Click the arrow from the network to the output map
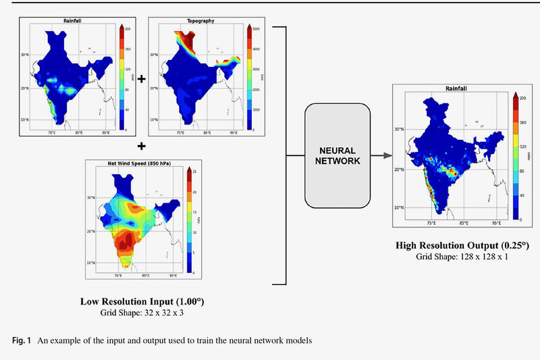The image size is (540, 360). point(382,155)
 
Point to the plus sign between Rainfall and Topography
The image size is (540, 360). point(141,78)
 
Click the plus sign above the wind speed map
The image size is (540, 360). point(141,145)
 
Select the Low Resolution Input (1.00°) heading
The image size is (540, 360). point(141,301)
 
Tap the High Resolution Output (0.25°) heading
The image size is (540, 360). point(462,245)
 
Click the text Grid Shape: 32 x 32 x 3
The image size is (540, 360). point(141,313)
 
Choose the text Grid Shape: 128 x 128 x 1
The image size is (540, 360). point(462,257)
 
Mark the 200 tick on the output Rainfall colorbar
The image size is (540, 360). point(522,98)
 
